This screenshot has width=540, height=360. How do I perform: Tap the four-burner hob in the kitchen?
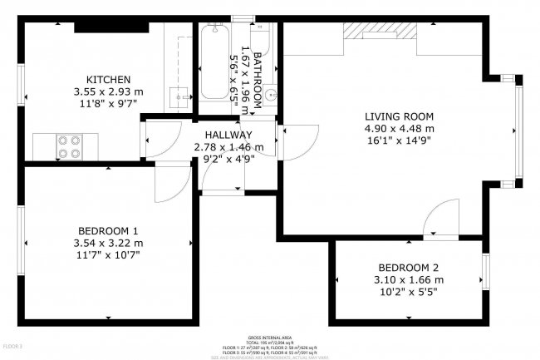pos(69,146)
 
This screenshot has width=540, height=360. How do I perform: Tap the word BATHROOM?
pos(258,81)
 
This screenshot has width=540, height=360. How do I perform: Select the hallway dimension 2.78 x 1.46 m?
pos(228,147)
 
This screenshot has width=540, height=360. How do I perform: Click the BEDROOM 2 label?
pos(409,267)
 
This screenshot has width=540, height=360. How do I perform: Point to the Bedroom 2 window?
pos(486,270)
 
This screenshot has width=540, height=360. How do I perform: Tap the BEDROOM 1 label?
pos(108,230)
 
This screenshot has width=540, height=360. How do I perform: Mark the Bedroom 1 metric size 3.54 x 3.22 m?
pos(108,243)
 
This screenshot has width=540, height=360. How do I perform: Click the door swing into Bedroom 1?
pos(173,180)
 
